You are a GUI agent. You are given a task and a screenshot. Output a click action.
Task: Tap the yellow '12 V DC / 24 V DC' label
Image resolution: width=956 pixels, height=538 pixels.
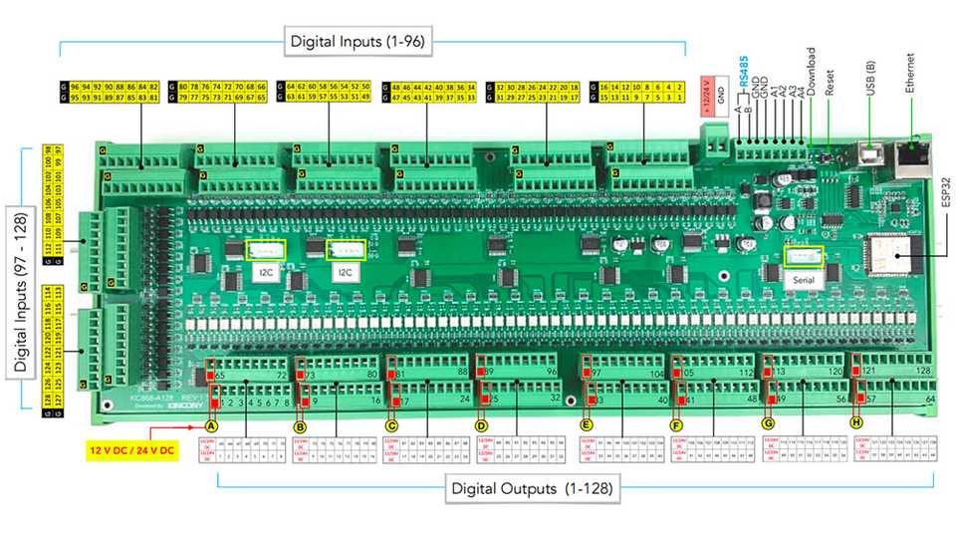(132, 450)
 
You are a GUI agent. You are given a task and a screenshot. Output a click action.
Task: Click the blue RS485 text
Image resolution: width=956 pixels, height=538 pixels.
(743, 80)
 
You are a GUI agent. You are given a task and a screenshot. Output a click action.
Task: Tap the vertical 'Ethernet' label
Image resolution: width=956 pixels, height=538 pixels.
(910, 72)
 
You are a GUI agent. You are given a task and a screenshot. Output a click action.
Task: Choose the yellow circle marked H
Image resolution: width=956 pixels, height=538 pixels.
(857, 422)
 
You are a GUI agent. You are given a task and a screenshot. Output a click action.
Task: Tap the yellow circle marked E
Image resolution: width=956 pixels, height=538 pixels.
(587, 423)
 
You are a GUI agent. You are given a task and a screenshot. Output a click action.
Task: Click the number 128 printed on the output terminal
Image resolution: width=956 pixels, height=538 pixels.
(924, 370)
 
